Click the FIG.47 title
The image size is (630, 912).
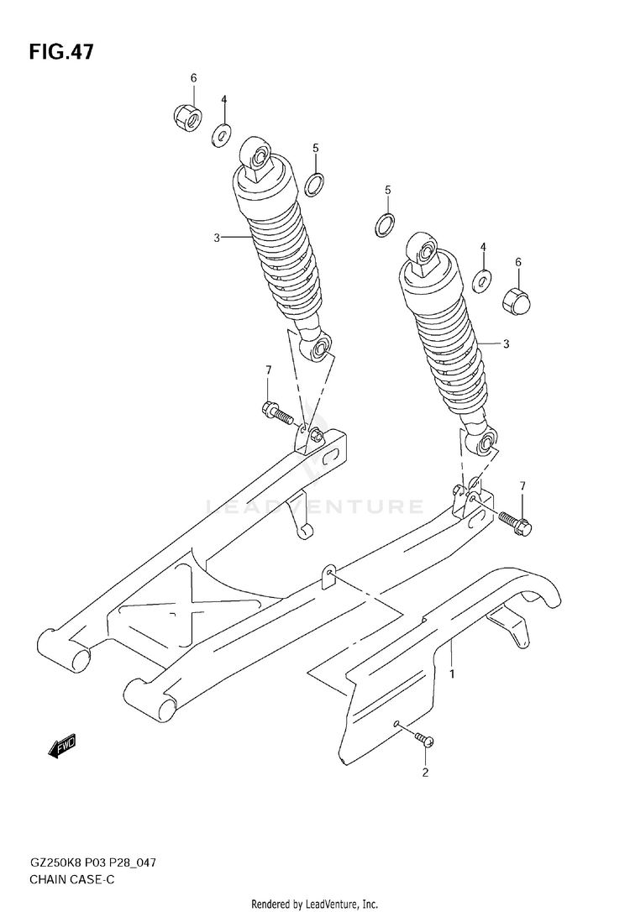[60, 52]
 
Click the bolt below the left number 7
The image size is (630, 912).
[276, 412]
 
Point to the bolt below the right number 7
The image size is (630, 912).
[515, 522]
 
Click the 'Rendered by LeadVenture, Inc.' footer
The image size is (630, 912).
[315, 903]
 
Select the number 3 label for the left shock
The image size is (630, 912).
[217, 238]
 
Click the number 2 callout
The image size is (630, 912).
[425, 773]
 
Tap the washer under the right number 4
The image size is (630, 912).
[482, 280]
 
